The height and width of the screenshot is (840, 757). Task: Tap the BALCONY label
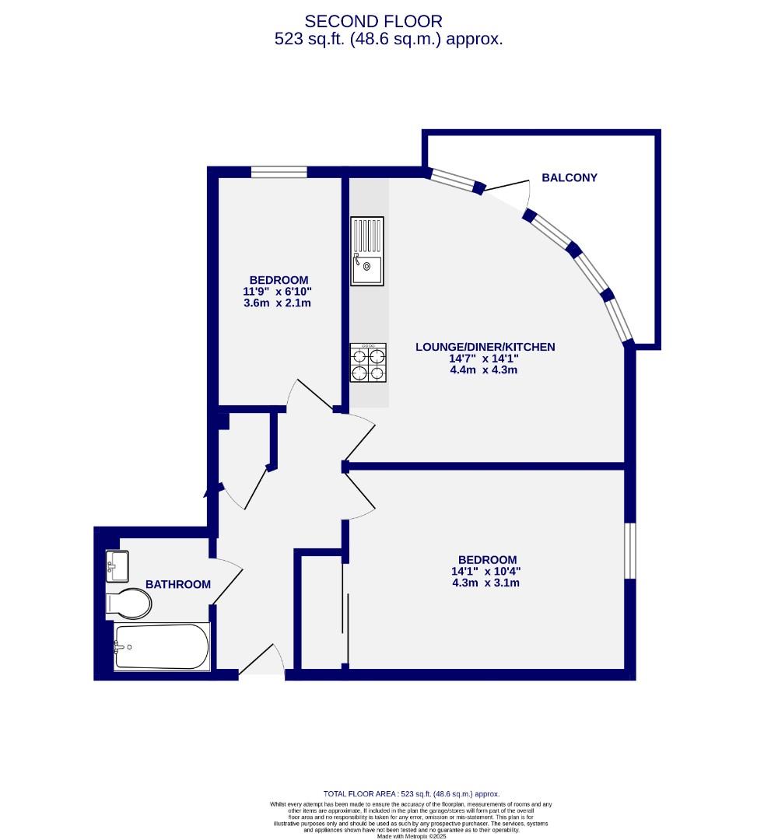[x=570, y=177]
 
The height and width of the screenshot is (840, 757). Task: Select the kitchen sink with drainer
[x=366, y=251]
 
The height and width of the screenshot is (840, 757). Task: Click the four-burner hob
[x=368, y=363]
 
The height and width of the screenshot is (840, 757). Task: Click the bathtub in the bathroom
[x=162, y=647]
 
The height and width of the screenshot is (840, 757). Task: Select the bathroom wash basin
[x=117, y=565]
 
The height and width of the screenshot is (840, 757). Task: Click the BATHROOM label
[x=178, y=584]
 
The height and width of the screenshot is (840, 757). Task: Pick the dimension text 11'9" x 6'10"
[x=279, y=292]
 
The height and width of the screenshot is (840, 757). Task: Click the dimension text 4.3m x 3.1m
[x=487, y=583]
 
